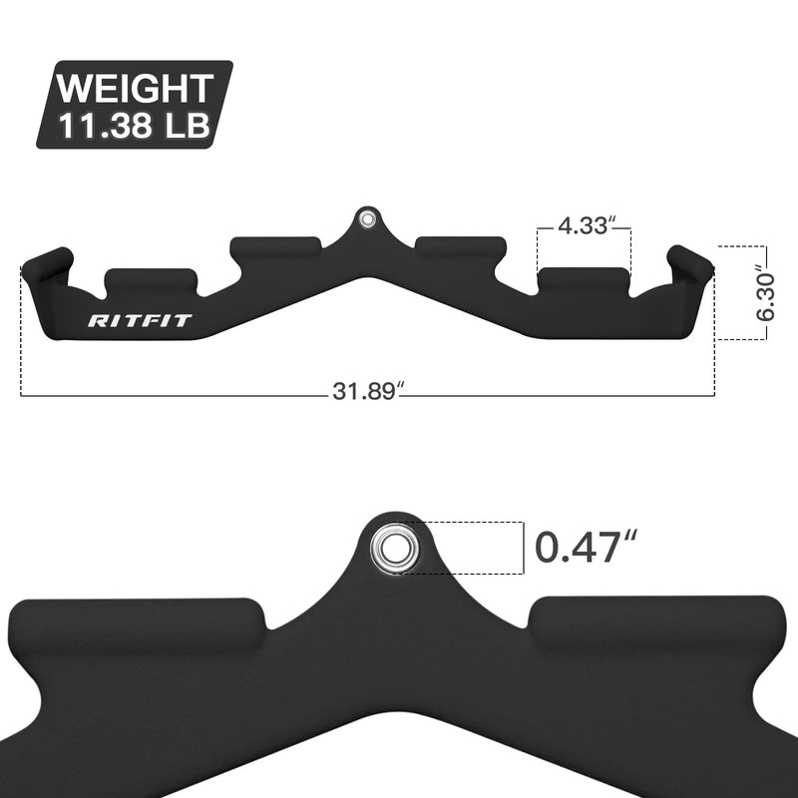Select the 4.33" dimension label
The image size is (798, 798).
pos(584,225)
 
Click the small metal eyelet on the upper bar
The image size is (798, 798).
pos(368,218)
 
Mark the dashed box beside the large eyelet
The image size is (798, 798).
pos(469,548)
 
